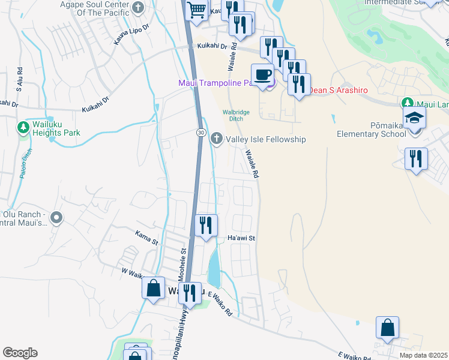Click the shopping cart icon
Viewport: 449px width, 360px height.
click(196, 10)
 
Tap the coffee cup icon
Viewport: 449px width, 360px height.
click(262, 75)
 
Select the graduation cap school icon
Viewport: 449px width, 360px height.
click(414, 118)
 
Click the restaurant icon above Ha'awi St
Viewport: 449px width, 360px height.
click(206, 226)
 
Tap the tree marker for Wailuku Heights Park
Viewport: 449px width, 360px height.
click(23, 127)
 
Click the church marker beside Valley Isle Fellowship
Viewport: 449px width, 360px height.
click(216, 139)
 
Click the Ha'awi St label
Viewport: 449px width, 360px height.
click(242, 238)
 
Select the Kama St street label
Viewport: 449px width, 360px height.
click(146, 238)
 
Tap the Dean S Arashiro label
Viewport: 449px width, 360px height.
click(337, 91)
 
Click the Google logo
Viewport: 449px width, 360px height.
click(20, 353)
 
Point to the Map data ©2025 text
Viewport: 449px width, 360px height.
click(423, 355)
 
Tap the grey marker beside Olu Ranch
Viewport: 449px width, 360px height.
click(56, 218)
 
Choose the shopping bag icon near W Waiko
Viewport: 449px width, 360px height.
click(154, 287)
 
